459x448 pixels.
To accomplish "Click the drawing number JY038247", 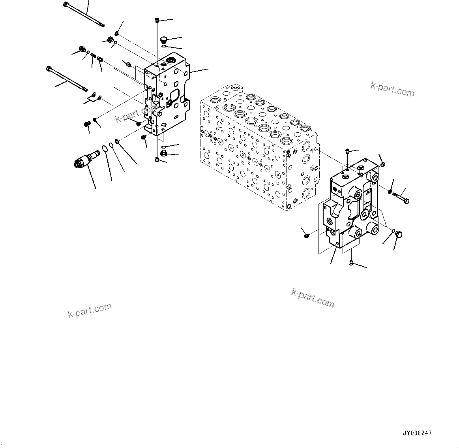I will pyautogui.click(x=418, y=433).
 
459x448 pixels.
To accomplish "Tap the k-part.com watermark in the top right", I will pyautogui.click(x=392, y=90).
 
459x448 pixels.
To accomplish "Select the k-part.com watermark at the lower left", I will pyautogui.click(x=90, y=310).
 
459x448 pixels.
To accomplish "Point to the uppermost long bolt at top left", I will pyautogui.click(x=83, y=15).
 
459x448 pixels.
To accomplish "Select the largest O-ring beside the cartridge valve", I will pyautogui.click(x=105, y=149).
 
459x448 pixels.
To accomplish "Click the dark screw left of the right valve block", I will pyautogui.click(x=306, y=236).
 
